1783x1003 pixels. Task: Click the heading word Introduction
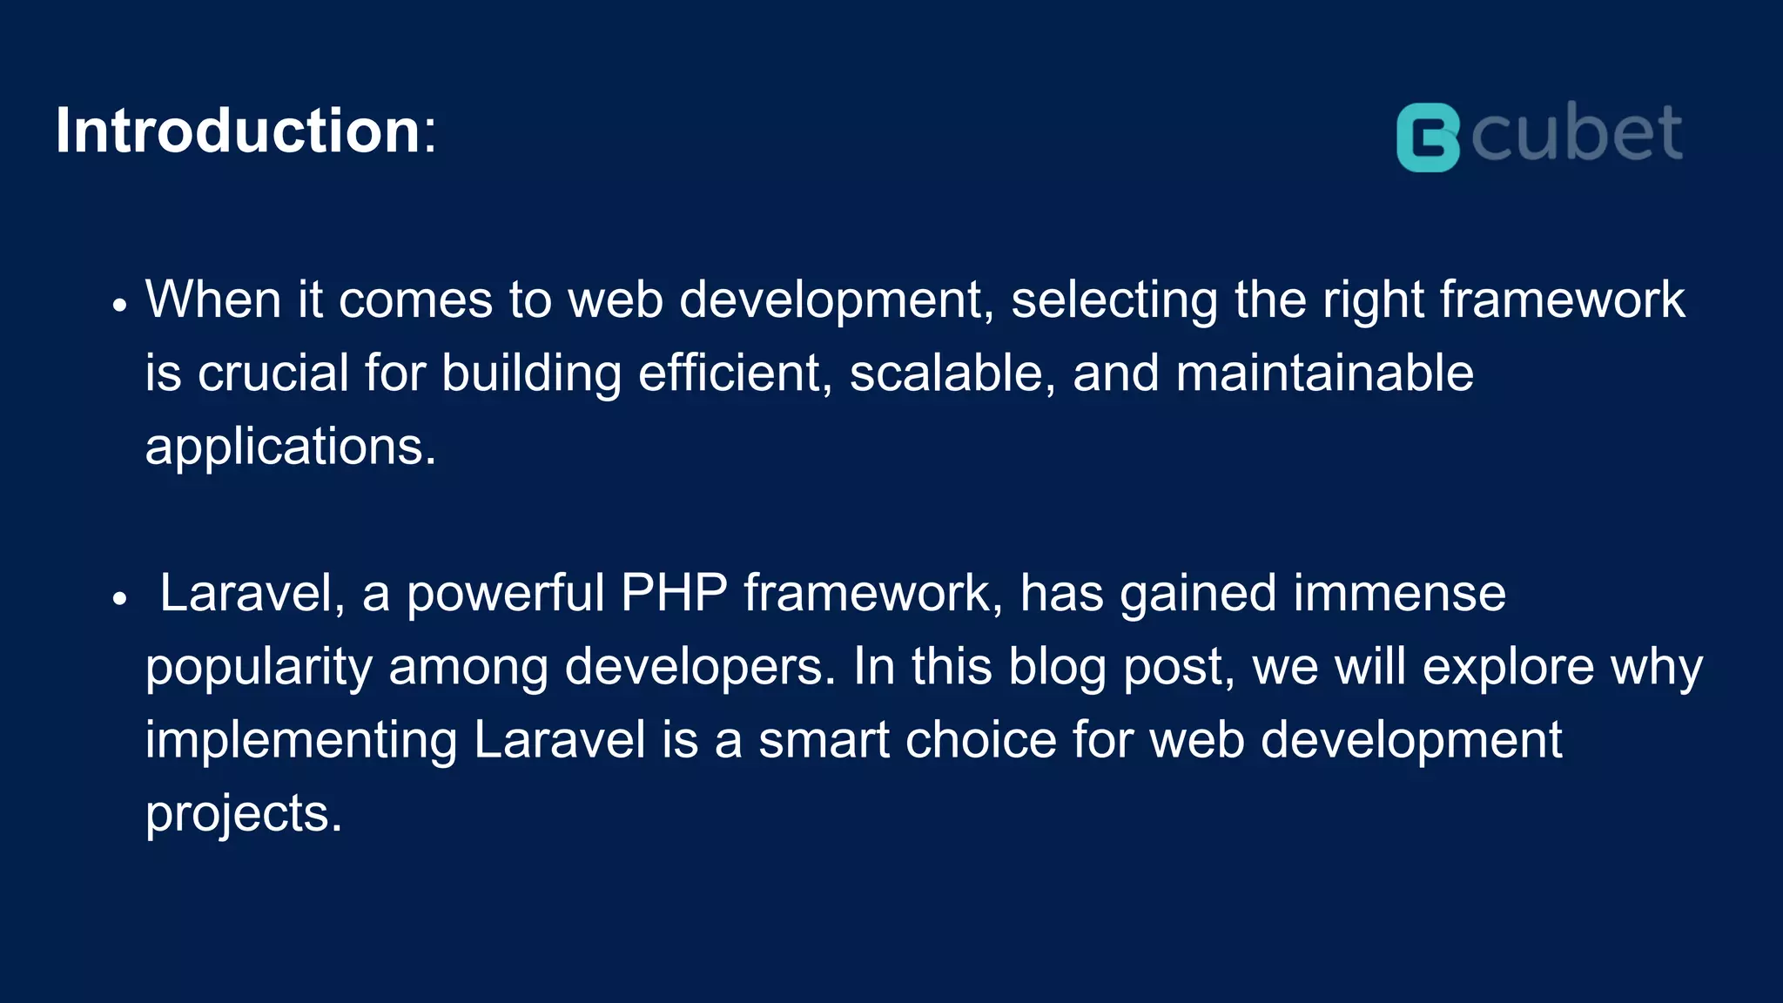point(238,131)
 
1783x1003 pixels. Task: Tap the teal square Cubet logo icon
point(1428,138)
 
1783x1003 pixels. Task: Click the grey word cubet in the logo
point(1577,133)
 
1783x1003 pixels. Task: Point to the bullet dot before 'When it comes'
point(120,306)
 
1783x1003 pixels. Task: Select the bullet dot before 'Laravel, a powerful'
point(120,599)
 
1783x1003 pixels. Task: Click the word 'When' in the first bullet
point(212,300)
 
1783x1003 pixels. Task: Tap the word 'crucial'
point(273,374)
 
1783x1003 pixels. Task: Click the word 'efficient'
point(730,374)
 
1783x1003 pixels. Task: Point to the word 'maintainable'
point(1324,374)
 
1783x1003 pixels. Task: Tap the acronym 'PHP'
point(674,594)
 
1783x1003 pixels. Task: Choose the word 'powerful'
point(505,596)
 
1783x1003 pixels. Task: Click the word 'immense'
point(1399,594)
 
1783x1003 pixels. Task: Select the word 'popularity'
point(259,669)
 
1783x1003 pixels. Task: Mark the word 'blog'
point(1057,669)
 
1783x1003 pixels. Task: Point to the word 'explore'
point(1508,669)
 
